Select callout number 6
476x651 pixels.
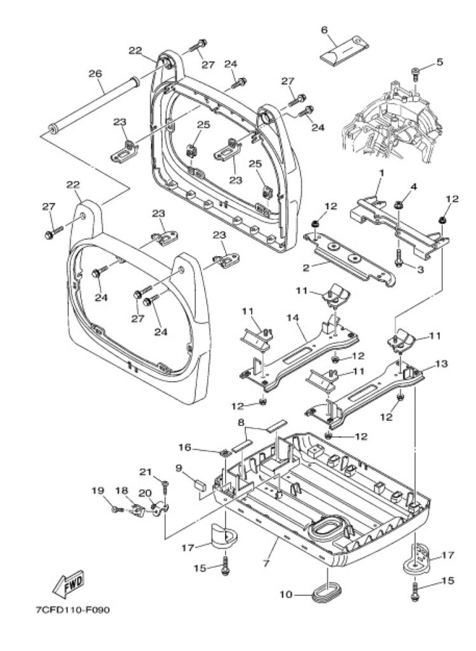pyautogui.click(x=324, y=29)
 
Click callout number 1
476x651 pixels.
pyautogui.click(x=382, y=173)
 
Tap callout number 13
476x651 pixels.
pyautogui.click(x=442, y=364)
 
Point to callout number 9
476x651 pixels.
pyautogui.click(x=179, y=468)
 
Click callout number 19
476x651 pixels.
pyautogui.click(x=97, y=490)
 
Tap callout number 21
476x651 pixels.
pyautogui.click(x=146, y=471)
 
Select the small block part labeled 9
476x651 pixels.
pyautogui.click(x=199, y=483)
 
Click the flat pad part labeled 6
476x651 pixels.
pyautogui.click(x=343, y=50)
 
